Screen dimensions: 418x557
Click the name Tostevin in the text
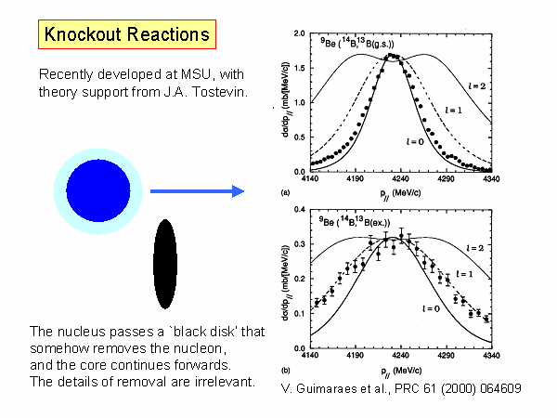[214, 92]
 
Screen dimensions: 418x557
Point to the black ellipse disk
[165, 263]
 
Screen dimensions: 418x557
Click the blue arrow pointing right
[197, 191]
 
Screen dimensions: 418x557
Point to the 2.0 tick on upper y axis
[299, 33]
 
